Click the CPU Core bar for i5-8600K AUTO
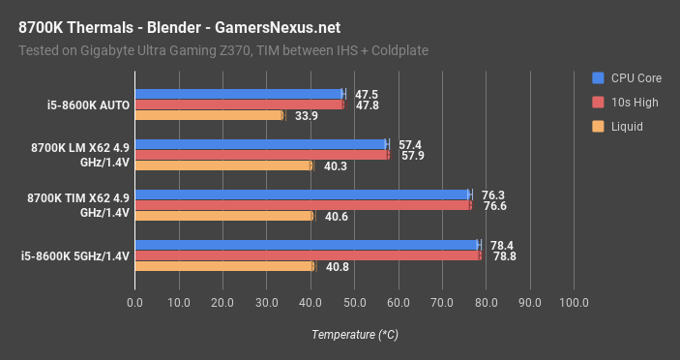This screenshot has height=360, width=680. (239, 94)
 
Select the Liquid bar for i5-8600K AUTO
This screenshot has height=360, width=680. (209, 115)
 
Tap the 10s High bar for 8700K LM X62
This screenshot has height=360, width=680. (261, 155)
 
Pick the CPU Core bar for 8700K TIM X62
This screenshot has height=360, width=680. (302, 195)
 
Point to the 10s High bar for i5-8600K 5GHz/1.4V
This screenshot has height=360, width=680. (308, 255)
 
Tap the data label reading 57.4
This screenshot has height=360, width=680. (411, 144)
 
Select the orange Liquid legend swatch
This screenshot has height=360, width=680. (599, 126)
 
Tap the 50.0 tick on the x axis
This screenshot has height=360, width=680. (354, 303)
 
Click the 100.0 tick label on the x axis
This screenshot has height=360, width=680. (574, 303)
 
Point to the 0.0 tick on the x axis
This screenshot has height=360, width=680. (134, 303)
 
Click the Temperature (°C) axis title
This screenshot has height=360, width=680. (354, 334)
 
